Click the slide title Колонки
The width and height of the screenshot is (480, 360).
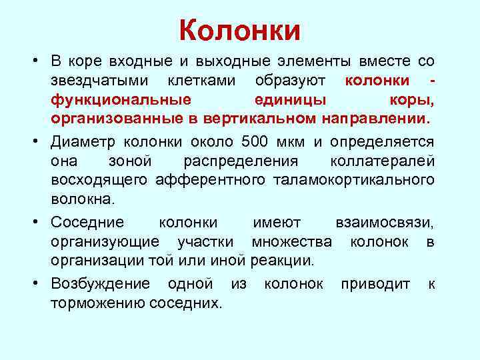tap(240, 31)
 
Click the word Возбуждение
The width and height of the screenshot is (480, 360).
tap(101, 283)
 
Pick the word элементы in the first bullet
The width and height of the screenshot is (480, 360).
tap(297, 62)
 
